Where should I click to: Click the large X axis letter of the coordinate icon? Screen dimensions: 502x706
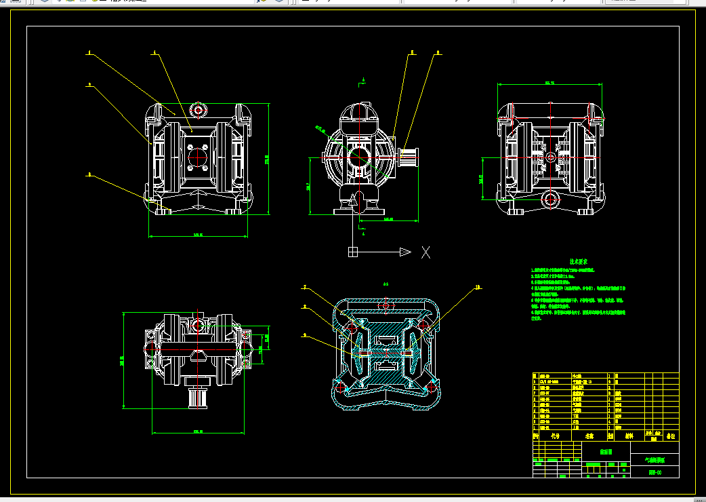tap(426, 252)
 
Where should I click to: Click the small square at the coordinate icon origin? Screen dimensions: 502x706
tap(352, 252)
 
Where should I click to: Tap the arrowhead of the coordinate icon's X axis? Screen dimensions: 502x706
tap(404, 252)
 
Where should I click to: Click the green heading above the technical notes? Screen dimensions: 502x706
tap(578, 261)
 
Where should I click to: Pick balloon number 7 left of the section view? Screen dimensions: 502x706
tap(305, 287)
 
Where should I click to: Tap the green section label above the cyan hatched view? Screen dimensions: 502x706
tap(386, 284)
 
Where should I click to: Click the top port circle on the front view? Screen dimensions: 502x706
tap(198, 110)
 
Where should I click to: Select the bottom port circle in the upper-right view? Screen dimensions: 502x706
tap(550, 199)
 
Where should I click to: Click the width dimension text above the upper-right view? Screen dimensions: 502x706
tap(549, 83)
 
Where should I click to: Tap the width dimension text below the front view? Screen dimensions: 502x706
tap(198, 235)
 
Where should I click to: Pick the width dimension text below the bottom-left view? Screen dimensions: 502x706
tap(198, 430)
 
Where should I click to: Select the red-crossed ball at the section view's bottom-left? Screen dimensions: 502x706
tap(341, 387)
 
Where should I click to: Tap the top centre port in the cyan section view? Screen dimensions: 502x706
tap(386, 307)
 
